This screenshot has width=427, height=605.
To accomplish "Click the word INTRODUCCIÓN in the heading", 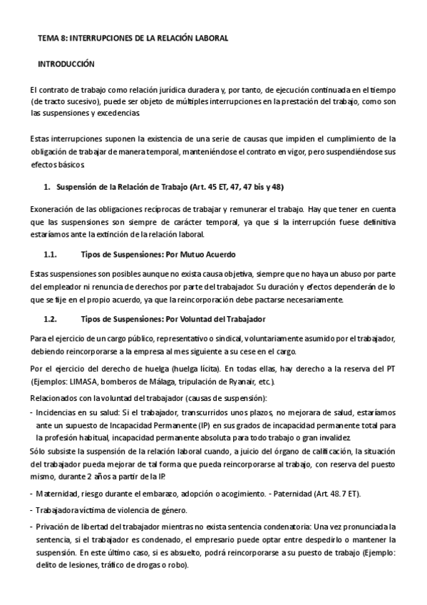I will click(x=66, y=64).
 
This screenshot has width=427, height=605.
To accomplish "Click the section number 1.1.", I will click(x=51, y=254).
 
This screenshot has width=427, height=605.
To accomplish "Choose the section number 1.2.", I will click(x=51, y=317).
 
